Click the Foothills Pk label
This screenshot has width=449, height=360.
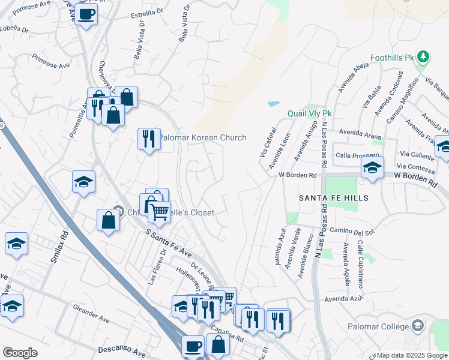point(393,58)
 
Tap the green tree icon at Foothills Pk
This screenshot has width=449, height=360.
point(424,57)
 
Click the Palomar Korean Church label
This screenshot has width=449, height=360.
point(202,137)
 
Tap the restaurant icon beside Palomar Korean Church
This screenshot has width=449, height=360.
point(148,139)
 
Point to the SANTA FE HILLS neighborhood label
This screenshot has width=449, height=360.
point(334,197)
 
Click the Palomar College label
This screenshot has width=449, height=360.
point(378,326)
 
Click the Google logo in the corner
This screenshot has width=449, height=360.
point(20,352)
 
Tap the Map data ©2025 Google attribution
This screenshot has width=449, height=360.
point(411,355)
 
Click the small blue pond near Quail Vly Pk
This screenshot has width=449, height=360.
point(274,104)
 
